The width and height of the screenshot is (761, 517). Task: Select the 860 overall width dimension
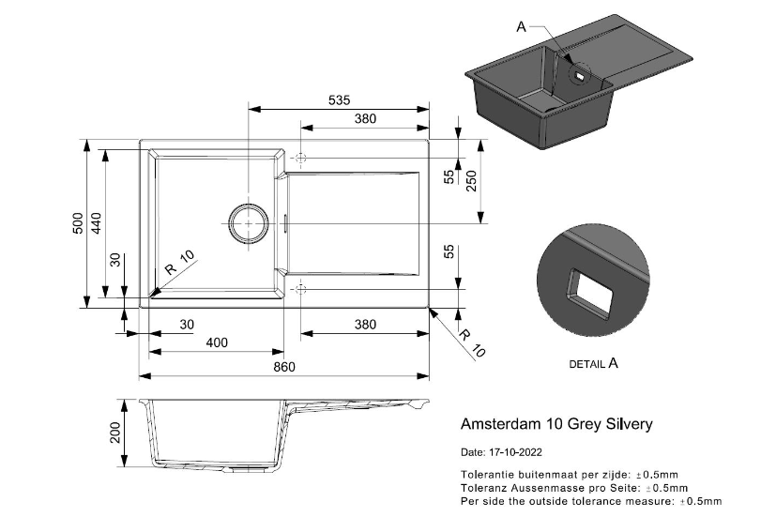(x=285, y=366)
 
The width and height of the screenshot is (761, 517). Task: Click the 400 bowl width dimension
(x=217, y=343)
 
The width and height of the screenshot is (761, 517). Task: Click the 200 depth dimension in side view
(x=116, y=433)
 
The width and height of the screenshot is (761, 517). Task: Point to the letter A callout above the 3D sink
(x=522, y=27)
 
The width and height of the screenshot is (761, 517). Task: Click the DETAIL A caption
(x=594, y=362)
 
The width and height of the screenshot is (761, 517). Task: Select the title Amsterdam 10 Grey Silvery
(x=557, y=424)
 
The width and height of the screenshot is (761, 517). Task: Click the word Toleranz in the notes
(x=485, y=488)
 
